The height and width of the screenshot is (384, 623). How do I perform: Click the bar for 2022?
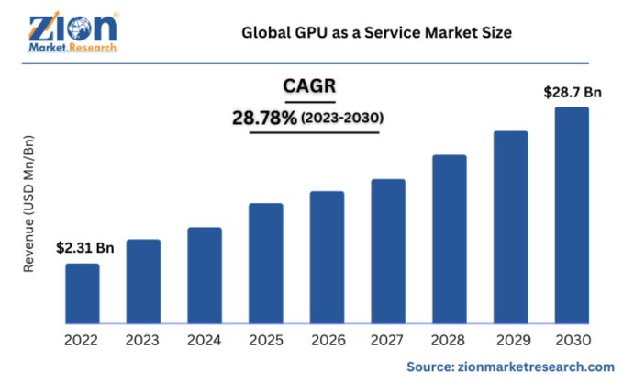tap(83, 293)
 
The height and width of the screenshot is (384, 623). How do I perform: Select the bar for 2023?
tap(144, 281)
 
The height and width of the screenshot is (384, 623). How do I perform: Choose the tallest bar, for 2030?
tap(573, 215)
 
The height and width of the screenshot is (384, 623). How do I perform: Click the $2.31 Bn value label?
tap(85, 248)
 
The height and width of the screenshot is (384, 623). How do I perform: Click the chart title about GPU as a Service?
tap(375, 33)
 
